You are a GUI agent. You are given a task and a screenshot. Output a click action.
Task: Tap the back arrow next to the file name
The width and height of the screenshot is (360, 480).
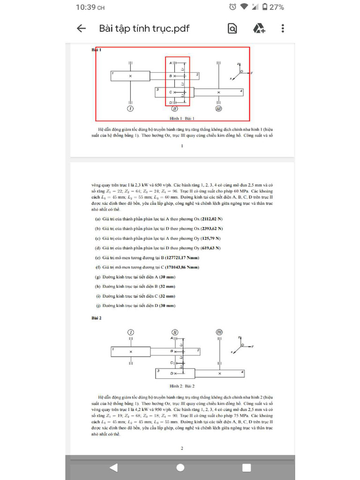(81, 29)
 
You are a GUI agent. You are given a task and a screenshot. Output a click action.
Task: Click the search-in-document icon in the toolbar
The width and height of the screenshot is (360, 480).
(232, 29)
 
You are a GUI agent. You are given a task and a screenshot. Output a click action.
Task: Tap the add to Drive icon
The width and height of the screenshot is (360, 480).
(259, 29)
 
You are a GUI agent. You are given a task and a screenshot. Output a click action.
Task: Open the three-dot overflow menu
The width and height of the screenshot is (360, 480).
(283, 29)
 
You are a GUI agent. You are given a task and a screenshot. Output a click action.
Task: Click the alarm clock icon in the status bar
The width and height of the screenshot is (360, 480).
(232, 7)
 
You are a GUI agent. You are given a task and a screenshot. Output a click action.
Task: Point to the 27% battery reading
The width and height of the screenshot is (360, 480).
(277, 7)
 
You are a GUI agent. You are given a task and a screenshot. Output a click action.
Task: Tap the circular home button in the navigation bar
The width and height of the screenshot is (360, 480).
(180, 467)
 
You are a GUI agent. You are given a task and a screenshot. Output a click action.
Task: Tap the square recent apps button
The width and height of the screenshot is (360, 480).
(247, 467)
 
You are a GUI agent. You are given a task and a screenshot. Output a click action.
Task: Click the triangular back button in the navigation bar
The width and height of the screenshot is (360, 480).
(113, 467)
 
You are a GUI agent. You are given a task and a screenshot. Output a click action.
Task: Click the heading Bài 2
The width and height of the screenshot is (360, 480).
(97, 318)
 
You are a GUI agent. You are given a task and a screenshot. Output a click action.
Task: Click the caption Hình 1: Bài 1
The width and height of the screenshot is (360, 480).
(182, 119)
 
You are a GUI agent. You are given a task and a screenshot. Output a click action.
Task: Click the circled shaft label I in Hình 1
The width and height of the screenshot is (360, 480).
(130, 109)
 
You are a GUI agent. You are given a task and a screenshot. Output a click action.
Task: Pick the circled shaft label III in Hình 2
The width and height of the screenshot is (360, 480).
(219, 332)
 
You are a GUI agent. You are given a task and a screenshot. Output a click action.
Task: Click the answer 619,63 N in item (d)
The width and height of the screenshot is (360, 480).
(210, 248)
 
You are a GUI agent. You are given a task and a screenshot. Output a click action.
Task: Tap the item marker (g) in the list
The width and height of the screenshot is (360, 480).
(97, 277)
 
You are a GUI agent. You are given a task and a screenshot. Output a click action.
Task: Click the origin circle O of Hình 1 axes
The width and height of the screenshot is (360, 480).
(241, 71)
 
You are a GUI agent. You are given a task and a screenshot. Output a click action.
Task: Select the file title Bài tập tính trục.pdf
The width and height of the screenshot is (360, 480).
(144, 29)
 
